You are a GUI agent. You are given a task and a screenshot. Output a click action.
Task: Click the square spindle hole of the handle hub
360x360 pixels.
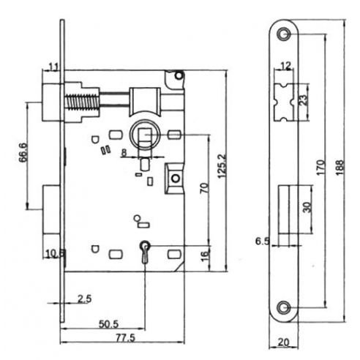pyautogui.click(x=146, y=136)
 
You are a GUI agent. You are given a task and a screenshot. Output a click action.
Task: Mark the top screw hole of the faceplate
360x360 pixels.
pyautogui.click(x=284, y=31)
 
